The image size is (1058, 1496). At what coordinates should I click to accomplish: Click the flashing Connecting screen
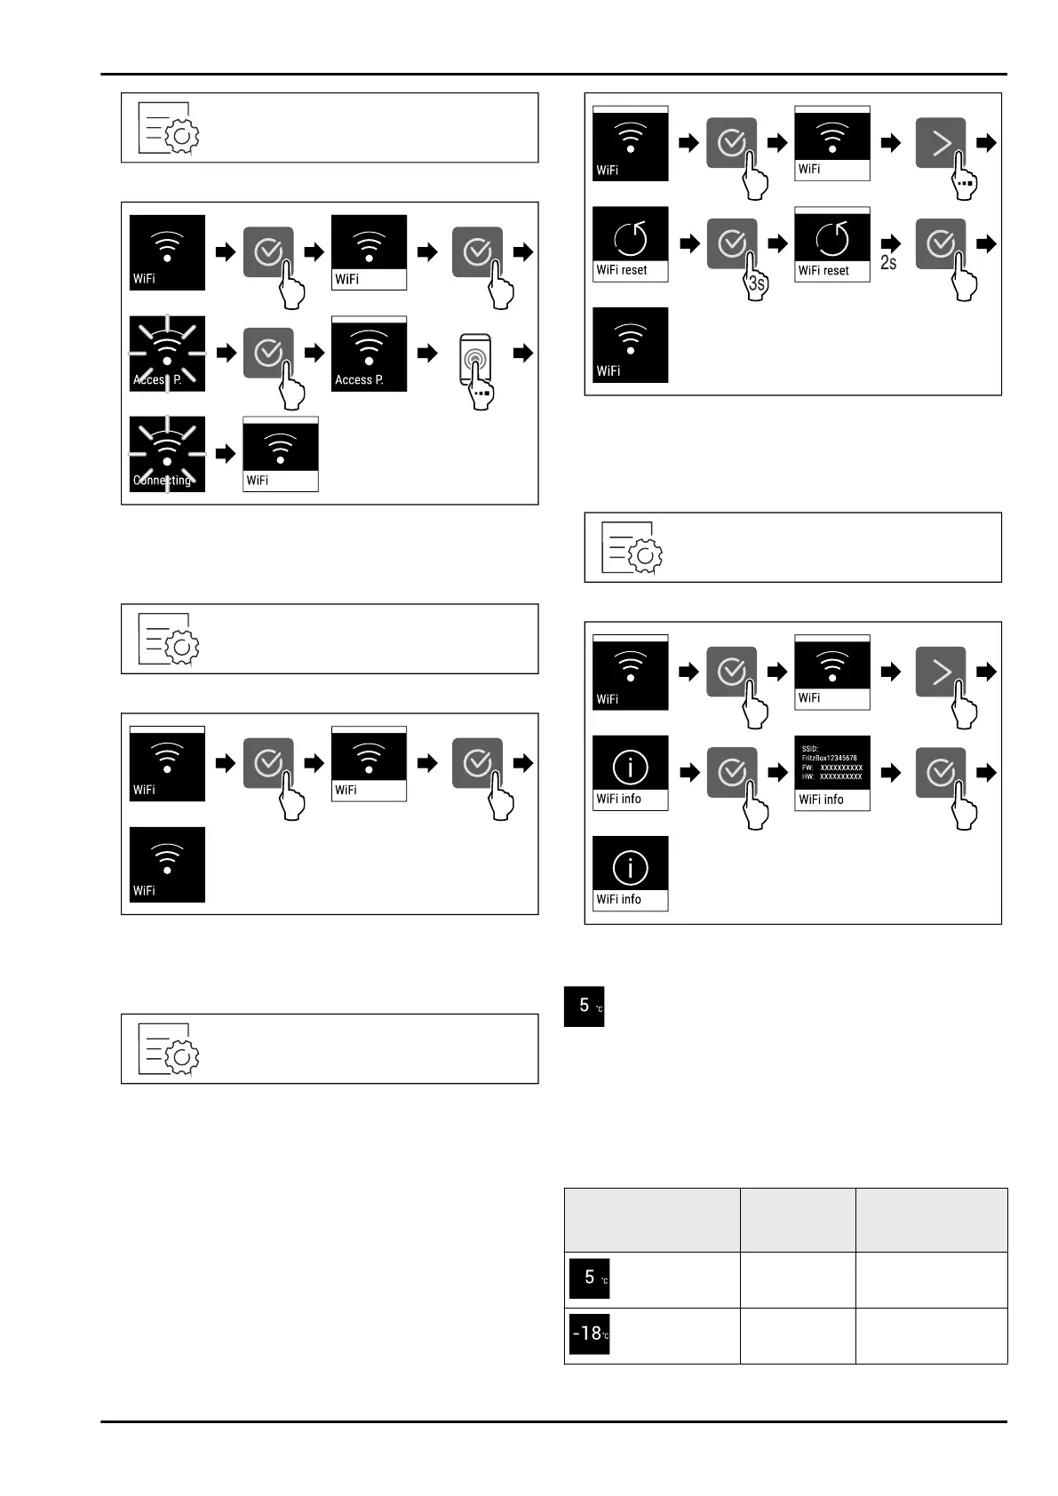coord(167,454)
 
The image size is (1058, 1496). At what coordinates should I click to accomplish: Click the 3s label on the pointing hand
coord(756,284)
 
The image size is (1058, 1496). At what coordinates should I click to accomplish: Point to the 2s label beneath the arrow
coord(888,263)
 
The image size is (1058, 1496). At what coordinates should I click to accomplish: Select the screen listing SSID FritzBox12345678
coord(832,772)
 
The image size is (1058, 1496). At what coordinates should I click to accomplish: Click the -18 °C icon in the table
coord(589,1334)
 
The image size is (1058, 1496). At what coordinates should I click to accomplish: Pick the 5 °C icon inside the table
coord(589,1278)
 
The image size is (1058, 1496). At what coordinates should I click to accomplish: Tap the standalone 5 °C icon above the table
coord(584,1007)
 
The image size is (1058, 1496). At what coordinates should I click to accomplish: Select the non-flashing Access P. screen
coord(369,354)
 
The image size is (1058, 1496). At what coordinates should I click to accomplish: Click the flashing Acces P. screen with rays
coord(167,354)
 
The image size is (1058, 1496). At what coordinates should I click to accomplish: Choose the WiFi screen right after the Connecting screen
coord(281,454)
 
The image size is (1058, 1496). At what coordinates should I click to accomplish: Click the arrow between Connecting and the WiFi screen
coord(227,454)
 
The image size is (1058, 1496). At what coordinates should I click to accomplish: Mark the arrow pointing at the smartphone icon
coord(428,354)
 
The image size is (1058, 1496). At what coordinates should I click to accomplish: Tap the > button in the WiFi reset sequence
coord(941,143)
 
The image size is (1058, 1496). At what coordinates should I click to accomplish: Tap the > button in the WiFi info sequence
coord(941,672)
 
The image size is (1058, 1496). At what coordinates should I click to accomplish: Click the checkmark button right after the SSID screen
coord(941,772)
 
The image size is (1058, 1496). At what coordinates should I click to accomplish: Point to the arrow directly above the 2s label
coord(890,243)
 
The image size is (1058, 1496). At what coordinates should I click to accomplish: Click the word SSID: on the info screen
coord(810,749)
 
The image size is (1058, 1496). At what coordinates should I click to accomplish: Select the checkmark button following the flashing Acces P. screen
coord(268,354)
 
